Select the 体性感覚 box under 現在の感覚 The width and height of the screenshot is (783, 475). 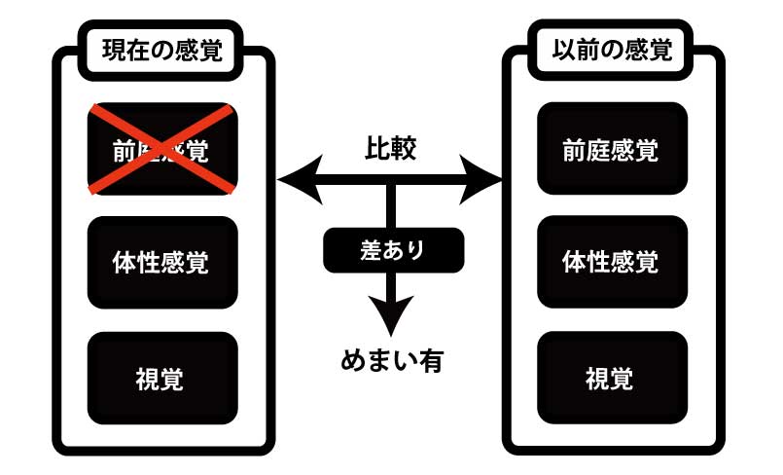pyautogui.click(x=162, y=262)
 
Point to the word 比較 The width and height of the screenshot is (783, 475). pyautogui.click(x=391, y=148)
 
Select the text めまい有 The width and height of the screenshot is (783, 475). pyautogui.click(x=392, y=361)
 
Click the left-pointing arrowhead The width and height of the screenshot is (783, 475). pyautogui.click(x=294, y=179)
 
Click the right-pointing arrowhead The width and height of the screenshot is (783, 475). pyautogui.click(x=485, y=179)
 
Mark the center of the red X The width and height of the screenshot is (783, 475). pyautogui.click(x=162, y=149)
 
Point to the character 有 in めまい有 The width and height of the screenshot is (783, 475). pyautogui.click(x=429, y=361)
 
